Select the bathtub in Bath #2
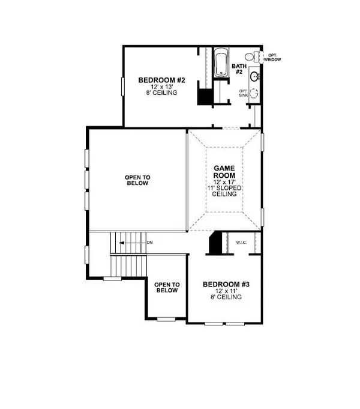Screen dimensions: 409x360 point(219,65)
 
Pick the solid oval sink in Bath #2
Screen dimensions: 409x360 point(254,76)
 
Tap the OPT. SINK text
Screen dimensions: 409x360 point(242,92)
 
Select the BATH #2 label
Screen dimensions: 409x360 point(238,68)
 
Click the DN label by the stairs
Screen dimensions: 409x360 point(149,243)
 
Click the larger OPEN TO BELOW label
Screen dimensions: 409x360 point(137,180)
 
